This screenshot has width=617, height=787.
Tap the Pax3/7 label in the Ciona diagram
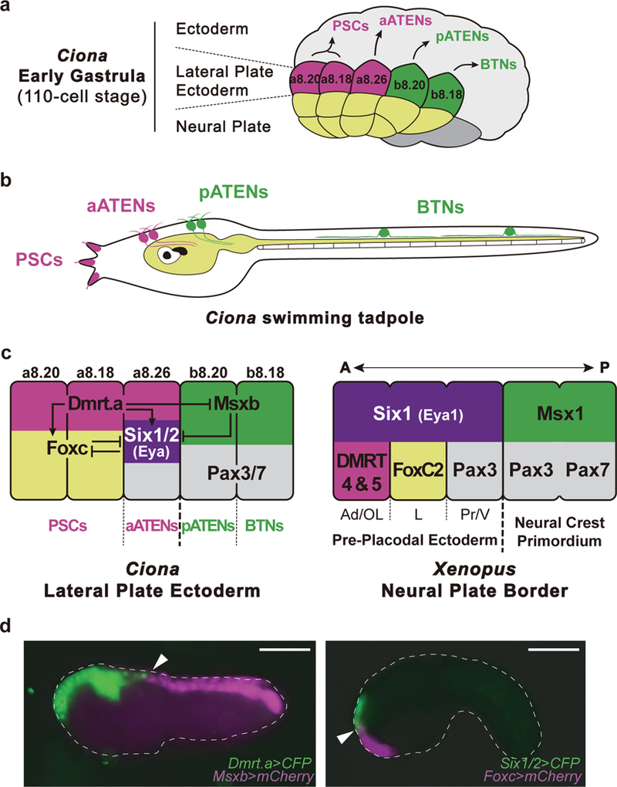tap(235, 469)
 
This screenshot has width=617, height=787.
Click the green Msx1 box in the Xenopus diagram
tap(558, 416)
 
